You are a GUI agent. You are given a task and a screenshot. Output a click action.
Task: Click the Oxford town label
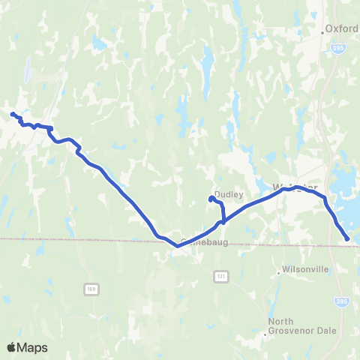pos(342,29)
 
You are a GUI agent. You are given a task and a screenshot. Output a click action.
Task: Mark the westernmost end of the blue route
pos(13,114)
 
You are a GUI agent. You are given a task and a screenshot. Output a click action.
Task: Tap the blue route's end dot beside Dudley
pos(210,199)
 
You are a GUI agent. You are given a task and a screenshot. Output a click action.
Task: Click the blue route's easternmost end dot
pos(347,238)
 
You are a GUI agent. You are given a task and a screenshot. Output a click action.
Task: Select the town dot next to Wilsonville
pos(278,272)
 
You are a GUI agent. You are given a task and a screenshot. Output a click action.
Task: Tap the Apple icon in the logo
pos(11,347)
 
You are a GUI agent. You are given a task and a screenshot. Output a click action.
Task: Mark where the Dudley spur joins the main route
pos(223,221)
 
